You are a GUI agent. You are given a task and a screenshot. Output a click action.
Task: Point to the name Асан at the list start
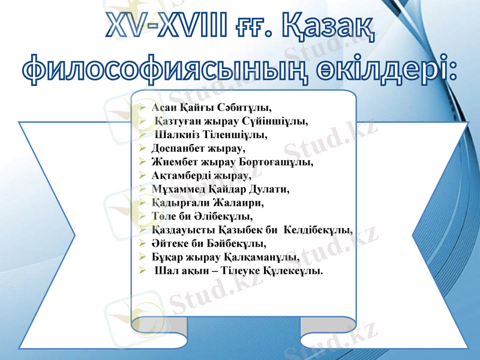coord(162,109)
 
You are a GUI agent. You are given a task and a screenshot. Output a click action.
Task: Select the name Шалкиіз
coord(174,134)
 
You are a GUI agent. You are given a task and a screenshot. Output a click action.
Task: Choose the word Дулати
coord(270,189)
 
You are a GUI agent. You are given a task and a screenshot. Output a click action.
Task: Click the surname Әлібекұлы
coord(226,216)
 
